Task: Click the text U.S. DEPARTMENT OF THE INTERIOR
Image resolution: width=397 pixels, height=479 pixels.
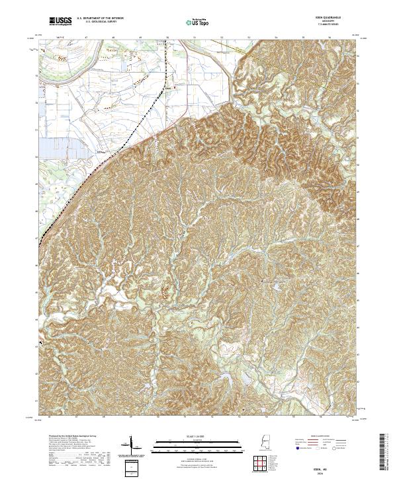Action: click(100, 20)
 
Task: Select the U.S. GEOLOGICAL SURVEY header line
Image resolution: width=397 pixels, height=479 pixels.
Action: click(100, 24)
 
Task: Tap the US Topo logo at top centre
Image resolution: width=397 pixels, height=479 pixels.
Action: click(198, 22)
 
